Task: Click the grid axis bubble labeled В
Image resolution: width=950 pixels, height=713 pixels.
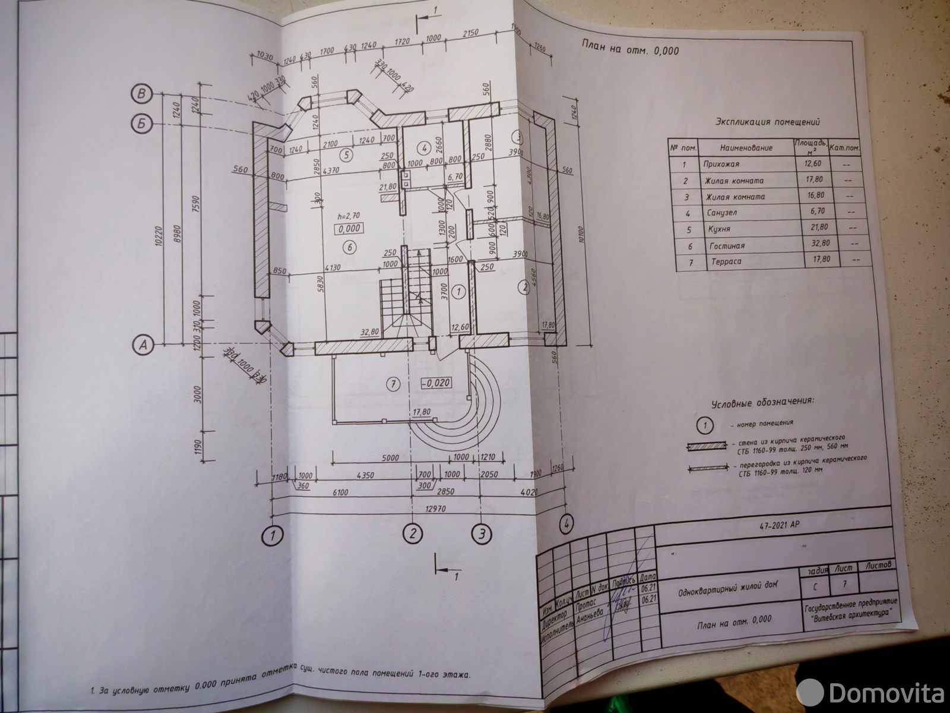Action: pos(142,94)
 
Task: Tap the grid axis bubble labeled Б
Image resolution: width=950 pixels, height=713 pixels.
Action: pos(141,124)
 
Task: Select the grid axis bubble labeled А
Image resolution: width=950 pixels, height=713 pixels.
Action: pos(143,343)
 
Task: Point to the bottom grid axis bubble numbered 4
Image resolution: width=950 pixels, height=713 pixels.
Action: pos(566,523)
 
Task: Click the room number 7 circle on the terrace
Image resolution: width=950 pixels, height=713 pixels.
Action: pos(392,384)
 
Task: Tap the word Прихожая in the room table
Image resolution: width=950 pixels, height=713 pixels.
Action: pos(721,164)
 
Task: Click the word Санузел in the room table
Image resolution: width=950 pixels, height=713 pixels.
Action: pos(720,213)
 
